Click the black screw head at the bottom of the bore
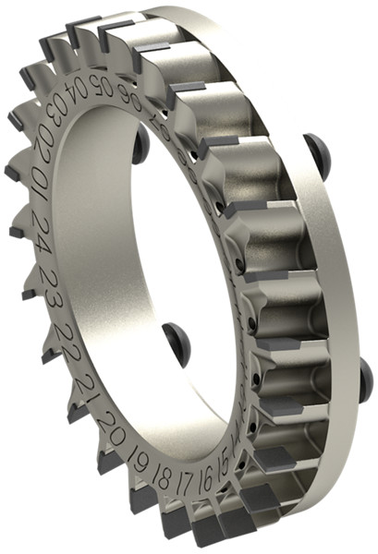177,343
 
